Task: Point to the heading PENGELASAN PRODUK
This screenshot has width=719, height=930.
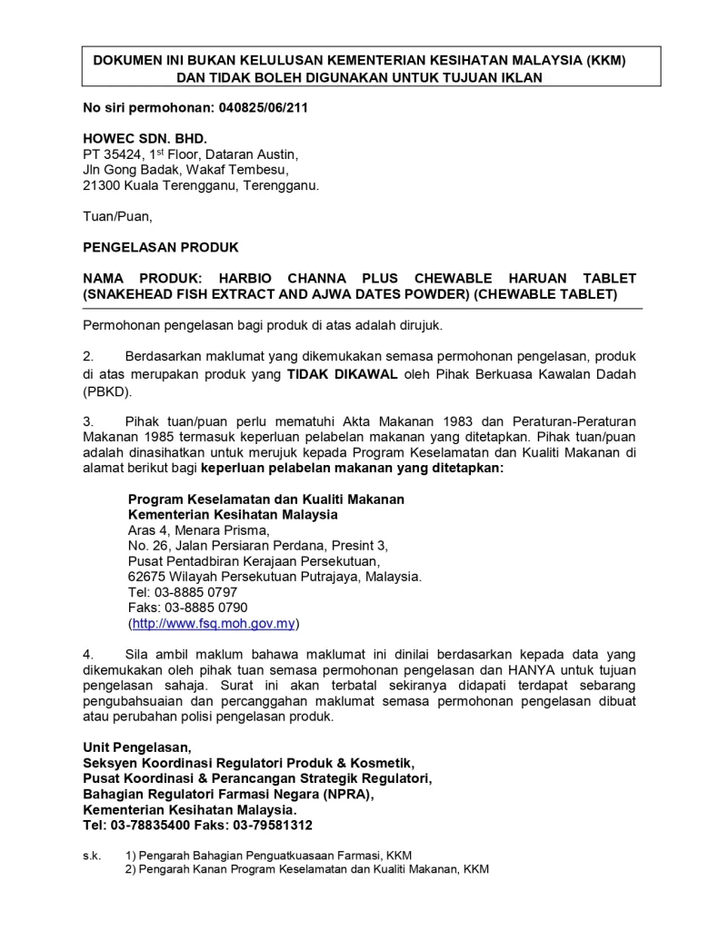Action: click(x=161, y=247)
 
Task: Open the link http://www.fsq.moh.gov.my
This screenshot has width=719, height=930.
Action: click(x=214, y=624)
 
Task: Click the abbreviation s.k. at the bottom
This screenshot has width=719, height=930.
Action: click(x=92, y=856)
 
